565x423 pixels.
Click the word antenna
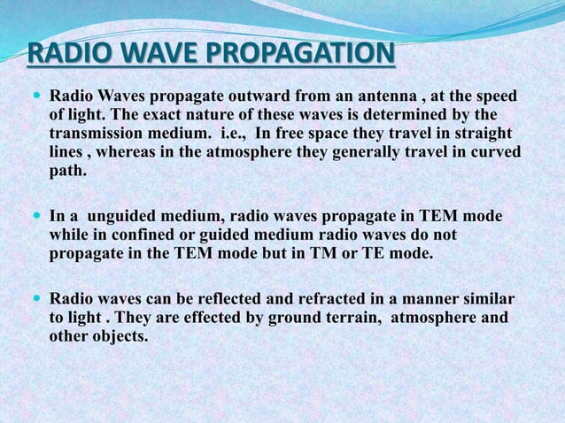click(x=354, y=95)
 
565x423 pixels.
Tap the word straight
click(x=481, y=133)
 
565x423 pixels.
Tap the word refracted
click(x=345, y=297)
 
